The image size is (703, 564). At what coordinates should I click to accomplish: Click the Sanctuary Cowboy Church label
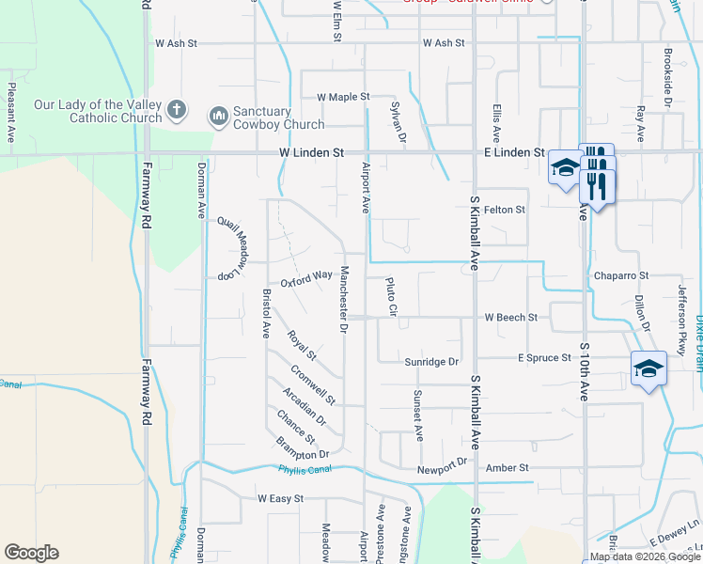[279, 117]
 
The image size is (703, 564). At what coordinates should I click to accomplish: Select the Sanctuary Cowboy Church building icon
[218, 116]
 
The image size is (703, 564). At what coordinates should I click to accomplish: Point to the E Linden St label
[514, 152]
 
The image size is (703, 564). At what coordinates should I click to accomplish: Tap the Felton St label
[505, 210]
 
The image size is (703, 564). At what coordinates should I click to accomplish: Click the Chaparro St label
[621, 275]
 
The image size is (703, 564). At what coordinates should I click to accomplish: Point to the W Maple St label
[343, 97]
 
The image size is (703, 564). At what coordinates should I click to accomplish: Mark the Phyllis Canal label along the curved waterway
[305, 471]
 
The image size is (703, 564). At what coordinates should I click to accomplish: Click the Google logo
[31, 553]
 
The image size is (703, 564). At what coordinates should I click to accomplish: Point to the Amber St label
[508, 468]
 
